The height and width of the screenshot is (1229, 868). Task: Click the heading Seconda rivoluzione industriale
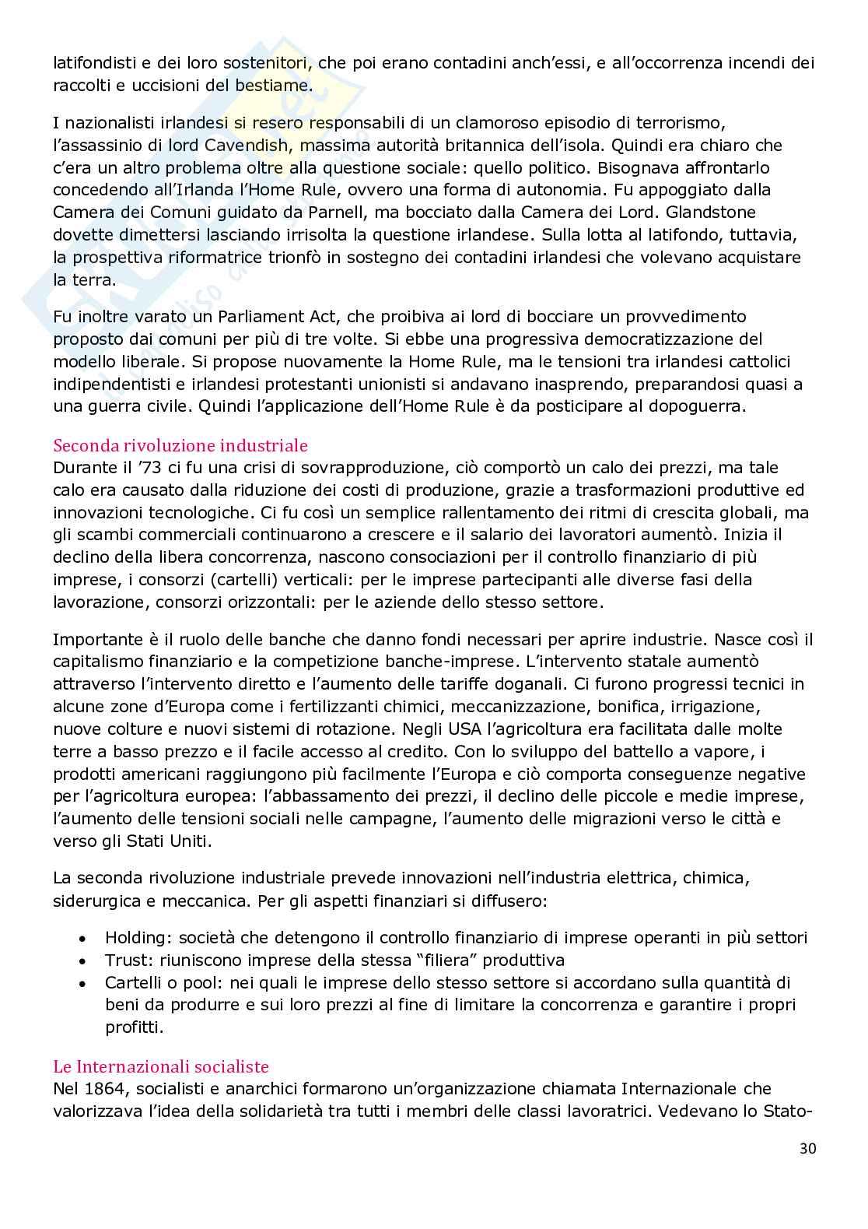180,445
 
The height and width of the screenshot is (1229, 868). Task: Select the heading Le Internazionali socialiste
161,1066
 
